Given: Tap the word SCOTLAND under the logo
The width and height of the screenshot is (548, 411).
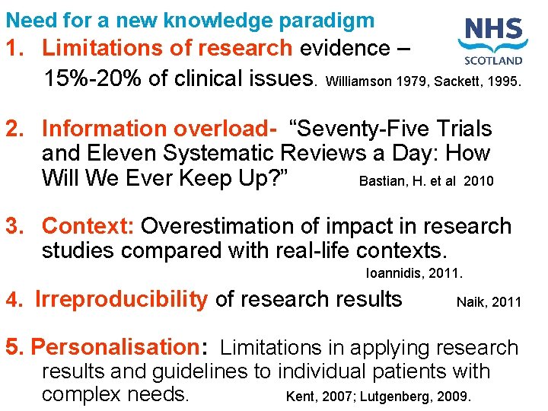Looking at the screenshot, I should point(493,60).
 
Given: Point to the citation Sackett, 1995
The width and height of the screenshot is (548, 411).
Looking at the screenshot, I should point(478,80).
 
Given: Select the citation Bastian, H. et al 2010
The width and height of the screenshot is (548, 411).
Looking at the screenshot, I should point(426,181).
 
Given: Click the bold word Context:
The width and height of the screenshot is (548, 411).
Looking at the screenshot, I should point(88,226).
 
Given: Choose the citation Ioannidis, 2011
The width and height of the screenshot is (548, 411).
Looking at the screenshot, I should point(415,272).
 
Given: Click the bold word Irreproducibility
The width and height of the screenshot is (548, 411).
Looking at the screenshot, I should point(121,300).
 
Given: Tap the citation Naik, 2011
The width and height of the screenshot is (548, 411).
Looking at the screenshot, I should point(489,302).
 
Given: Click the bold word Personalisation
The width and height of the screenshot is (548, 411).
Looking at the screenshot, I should point(114,347).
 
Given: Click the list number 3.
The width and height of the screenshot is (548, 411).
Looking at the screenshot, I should point(12,226).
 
